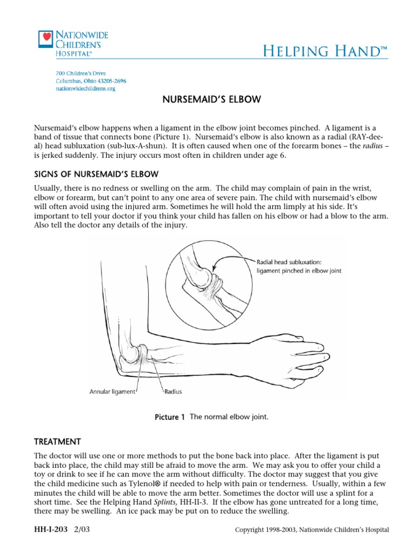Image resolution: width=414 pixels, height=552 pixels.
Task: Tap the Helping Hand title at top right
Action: coord(325,51)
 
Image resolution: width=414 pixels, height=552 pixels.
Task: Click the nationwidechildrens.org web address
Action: coord(86,88)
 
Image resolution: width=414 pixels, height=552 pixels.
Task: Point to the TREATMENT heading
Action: coord(58,440)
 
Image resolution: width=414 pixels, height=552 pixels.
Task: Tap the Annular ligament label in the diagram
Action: coord(112,392)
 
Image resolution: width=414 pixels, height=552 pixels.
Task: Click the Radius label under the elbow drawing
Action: coord(172,392)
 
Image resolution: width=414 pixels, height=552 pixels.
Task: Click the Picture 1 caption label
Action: coord(169,417)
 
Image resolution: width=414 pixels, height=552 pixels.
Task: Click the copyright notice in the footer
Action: coord(312,530)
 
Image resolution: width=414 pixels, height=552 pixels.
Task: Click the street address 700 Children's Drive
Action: coord(81,73)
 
